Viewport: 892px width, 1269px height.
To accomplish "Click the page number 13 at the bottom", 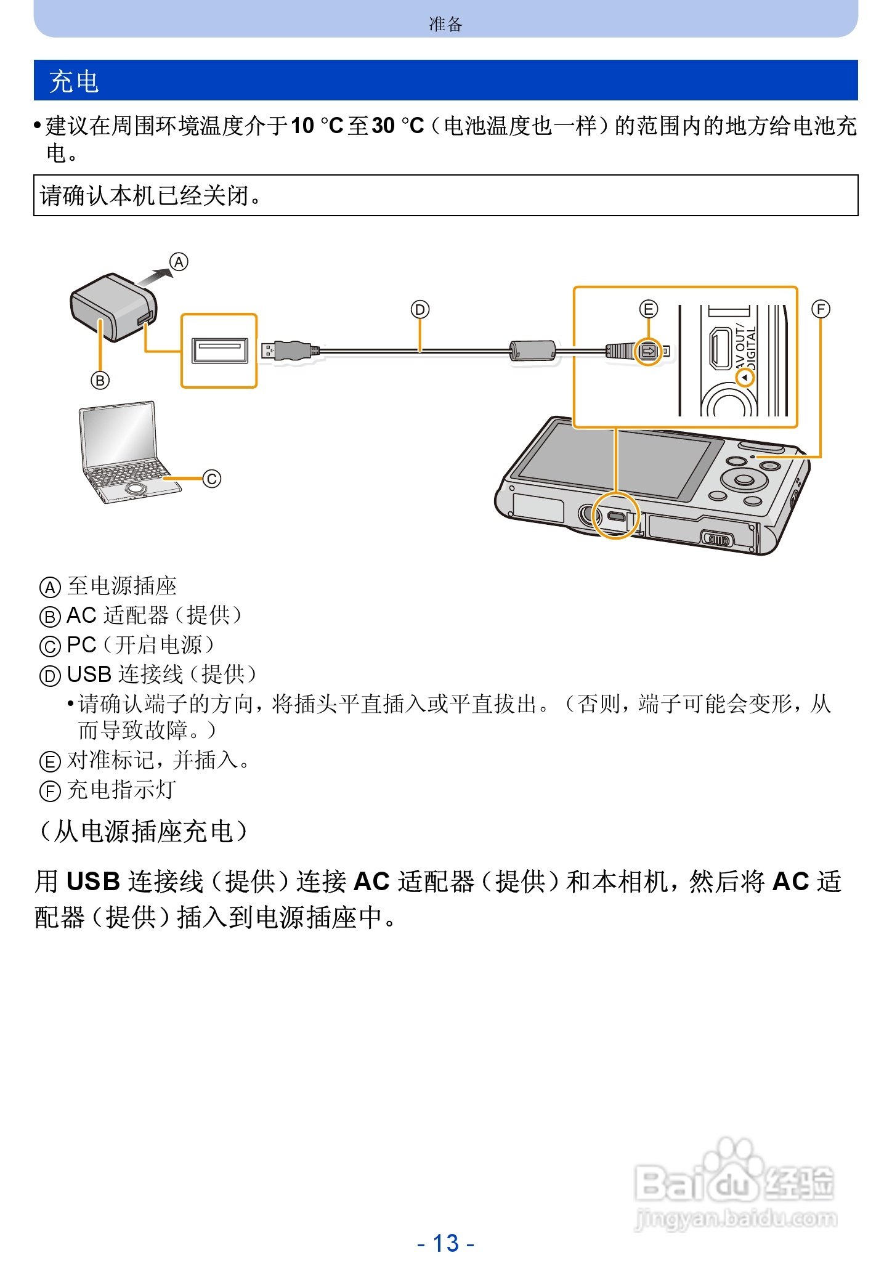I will (x=445, y=1243).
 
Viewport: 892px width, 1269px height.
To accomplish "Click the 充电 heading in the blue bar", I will (x=74, y=81).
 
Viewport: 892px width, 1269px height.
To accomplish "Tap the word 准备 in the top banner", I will (x=445, y=24).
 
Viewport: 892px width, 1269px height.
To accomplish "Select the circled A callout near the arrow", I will (x=179, y=262).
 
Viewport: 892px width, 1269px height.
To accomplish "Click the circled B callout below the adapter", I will (x=100, y=380).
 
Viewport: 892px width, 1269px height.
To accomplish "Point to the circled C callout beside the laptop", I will (x=211, y=479).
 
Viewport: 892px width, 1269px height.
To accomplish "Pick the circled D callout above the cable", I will (x=420, y=309).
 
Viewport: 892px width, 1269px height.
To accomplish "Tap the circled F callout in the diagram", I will (x=821, y=309).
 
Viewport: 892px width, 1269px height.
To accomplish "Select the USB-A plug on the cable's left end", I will (x=290, y=351).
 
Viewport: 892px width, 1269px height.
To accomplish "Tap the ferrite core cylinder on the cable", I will (x=533, y=351).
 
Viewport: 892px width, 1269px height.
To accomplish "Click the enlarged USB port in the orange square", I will (x=219, y=351).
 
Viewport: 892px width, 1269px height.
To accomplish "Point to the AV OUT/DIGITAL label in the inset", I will (x=745, y=348).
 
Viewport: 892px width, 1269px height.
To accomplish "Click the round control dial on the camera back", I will (x=744, y=479).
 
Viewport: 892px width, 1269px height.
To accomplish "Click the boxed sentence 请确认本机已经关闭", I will (x=151, y=196).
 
